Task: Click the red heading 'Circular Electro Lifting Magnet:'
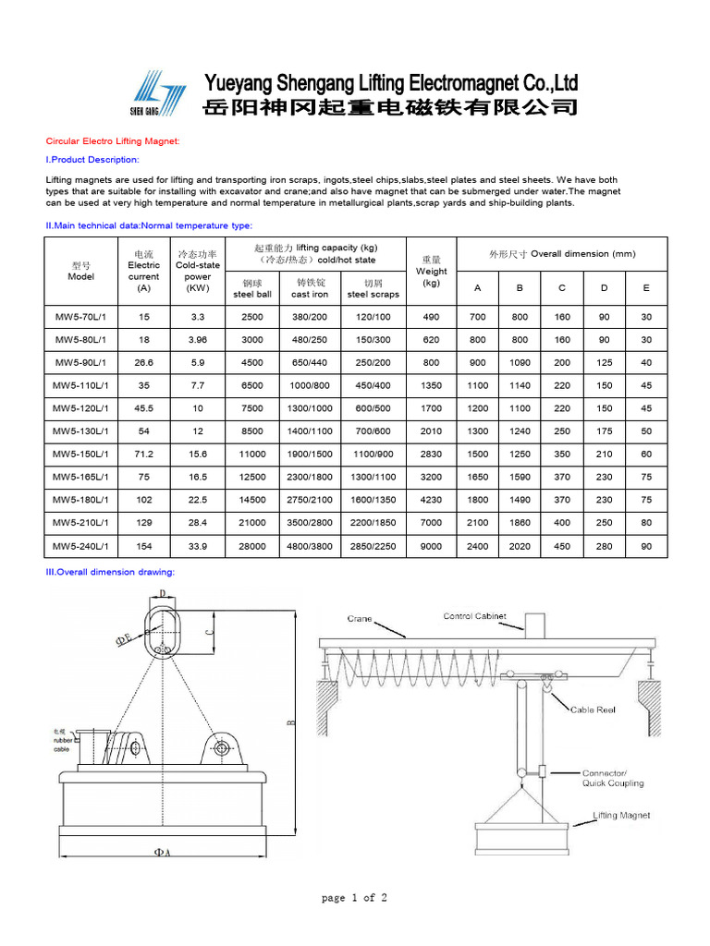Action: (x=112, y=141)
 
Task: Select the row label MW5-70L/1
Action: (x=80, y=317)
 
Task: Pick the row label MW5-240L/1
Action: (x=80, y=546)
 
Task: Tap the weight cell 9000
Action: (x=431, y=546)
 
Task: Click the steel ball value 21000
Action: (x=252, y=523)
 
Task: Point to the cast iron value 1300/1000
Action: (x=310, y=408)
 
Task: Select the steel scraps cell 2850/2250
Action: (x=373, y=546)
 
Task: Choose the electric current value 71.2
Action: (x=143, y=455)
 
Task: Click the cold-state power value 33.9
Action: (x=197, y=546)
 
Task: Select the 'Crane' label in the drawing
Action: (x=360, y=618)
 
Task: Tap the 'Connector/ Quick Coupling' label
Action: (x=612, y=778)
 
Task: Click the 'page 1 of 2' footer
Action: (x=354, y=898)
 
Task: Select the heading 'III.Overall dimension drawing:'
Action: (x=110, y=572)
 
